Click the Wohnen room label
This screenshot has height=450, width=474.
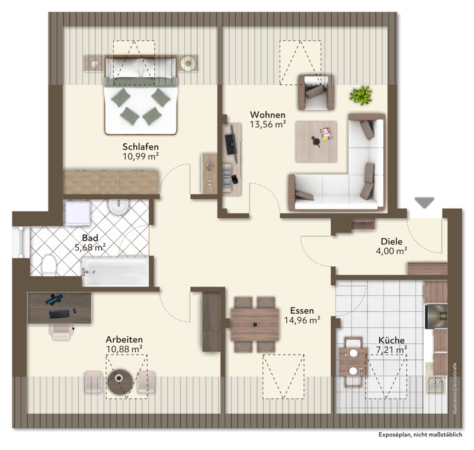[x=268, y=115]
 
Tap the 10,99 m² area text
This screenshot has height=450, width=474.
[x=140, y=157]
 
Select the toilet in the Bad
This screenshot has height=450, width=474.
[x=49, y=265]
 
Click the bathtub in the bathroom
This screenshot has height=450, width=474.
[x=115, y=272]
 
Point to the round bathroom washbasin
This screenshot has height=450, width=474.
[x=119, y=206]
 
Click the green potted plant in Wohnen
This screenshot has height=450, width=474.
[x=361, y=95]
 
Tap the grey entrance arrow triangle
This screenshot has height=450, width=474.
[x=424, y=203]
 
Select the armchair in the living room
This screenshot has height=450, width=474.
[x=316, y=92]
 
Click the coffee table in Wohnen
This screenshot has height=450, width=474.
[x=316, y=142]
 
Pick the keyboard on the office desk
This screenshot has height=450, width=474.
[x=59, y=314]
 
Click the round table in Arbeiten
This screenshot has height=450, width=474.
[x=120, y=382]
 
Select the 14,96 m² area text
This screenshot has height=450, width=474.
[x=302, y=320]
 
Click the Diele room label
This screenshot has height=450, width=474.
[x=392, y=241]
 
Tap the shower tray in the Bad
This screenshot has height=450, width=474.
[x=78, y=213]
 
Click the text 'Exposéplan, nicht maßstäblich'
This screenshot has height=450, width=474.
[x=420, y=435]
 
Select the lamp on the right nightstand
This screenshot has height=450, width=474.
[x=188, y=63]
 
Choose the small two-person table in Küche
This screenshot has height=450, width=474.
[x=353, y=362]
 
